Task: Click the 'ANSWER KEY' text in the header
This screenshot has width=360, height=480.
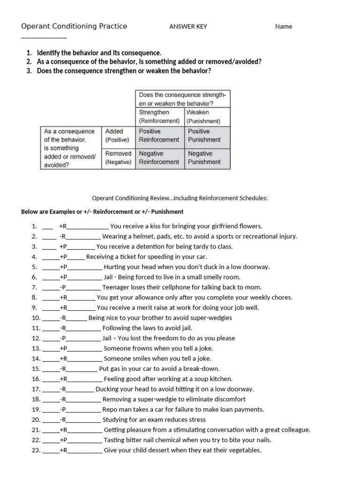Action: [x=187, y=27]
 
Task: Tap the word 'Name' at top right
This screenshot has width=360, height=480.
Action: [x=283, y=27]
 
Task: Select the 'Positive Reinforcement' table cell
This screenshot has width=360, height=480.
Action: [x=159, y=135]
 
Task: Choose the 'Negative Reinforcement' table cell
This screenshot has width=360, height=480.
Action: [x=159, y=157]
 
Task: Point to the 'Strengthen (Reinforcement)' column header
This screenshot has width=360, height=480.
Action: [x=159, y=116]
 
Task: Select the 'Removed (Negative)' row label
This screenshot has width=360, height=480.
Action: [x=118, y=157]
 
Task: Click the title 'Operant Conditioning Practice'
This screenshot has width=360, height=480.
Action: [x=74, y=26]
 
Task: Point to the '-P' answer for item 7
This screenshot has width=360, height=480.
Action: [x=63, y=287]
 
